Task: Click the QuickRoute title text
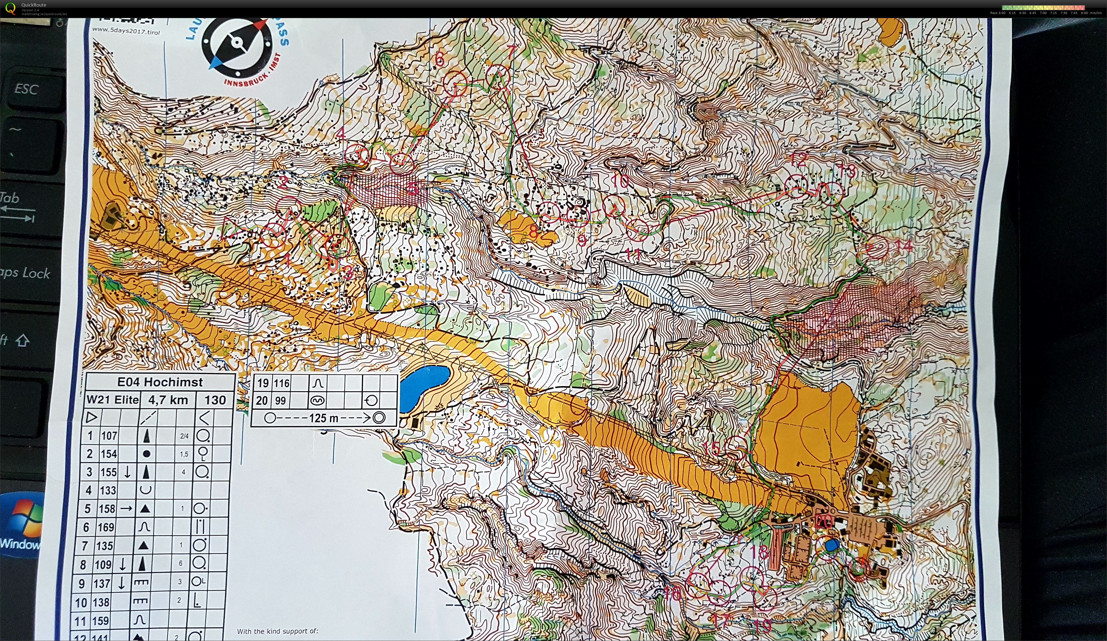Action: point(34,5)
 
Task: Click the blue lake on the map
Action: point(424,384)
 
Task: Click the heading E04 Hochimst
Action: point(160,382)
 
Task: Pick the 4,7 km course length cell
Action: point(168,400)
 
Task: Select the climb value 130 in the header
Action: point(215,400)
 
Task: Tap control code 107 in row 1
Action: point(109,435)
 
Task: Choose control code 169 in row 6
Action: point(105,527)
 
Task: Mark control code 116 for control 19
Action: point(282,384)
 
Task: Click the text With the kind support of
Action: point(277,631)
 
